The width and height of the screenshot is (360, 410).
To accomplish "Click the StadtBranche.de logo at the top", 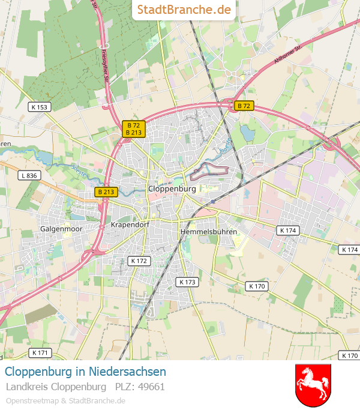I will [184, 10].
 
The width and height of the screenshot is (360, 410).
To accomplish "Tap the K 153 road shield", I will [40, 107].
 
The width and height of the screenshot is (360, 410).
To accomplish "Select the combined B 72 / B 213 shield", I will [134, 129].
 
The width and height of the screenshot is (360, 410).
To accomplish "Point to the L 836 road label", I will [28, 176].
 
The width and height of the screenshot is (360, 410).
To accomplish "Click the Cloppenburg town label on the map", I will [172, 188].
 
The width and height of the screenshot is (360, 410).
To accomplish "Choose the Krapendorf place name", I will [130, 225].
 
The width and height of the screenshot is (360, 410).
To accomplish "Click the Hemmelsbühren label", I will [208, 231].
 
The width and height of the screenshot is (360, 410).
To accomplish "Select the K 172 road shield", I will [139, 261].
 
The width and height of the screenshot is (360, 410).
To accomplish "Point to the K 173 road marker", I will [187, 282].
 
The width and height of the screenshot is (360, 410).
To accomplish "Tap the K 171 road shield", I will [40, 352].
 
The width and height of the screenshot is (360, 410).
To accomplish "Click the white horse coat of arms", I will [313, 385].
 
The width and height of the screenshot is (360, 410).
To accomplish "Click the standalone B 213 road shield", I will [106, 192].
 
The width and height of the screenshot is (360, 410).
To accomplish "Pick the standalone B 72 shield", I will [244, 106].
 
